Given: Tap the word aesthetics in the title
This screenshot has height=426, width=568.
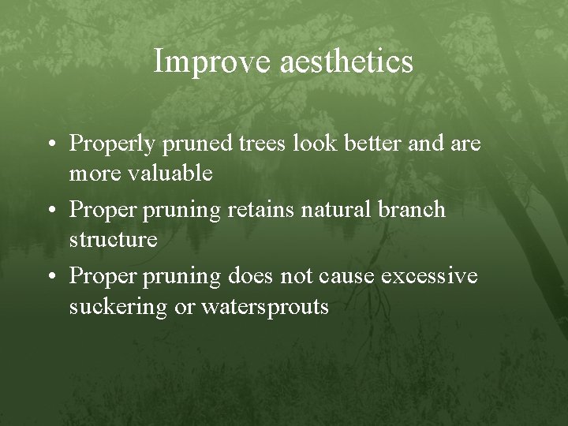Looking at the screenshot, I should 346,62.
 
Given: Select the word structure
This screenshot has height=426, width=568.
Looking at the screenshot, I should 113,239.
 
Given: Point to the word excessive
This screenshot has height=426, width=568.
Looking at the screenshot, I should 429,277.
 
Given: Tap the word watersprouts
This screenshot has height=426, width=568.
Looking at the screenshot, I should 265,306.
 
